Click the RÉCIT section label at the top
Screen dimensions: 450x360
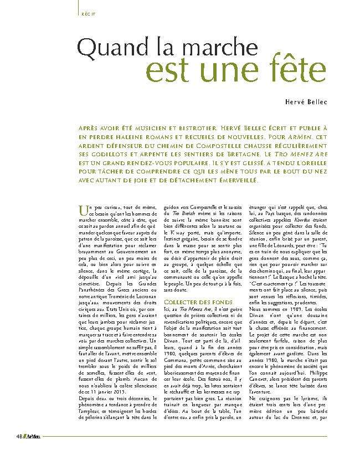(86, 13)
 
